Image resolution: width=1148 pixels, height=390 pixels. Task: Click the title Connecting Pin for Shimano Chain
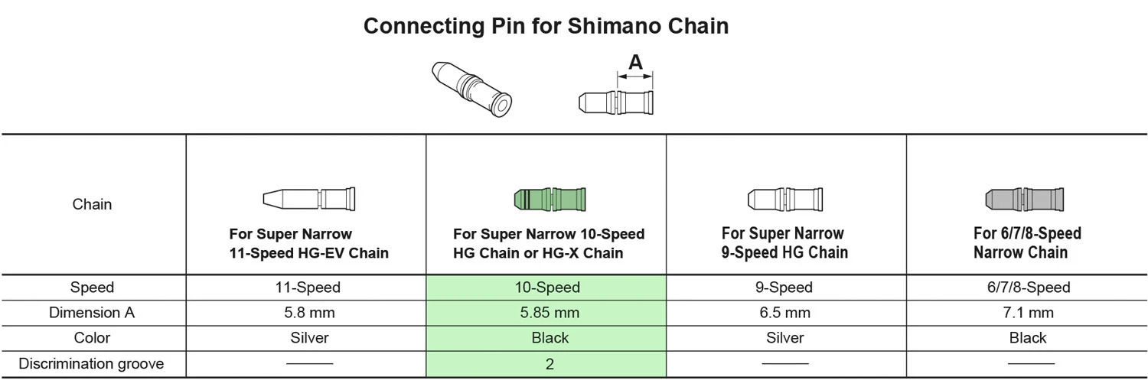pos(546,26)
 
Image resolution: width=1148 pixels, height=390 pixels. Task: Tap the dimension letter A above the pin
pos(635,63)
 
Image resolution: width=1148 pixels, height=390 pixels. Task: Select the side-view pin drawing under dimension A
pos(615,102)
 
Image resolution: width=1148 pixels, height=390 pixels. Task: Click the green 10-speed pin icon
pos(549,200)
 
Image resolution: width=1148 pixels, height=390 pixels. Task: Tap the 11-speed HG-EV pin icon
pos(309,199)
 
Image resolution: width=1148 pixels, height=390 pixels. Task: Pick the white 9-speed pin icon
pos(784,200)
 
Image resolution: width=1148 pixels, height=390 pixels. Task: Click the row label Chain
pos(92,204)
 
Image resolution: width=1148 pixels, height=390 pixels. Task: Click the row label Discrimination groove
pos(92,364)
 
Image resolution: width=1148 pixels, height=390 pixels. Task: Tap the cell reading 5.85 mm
pos(550,313)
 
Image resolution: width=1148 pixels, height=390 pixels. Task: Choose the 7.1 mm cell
pos(1027,313)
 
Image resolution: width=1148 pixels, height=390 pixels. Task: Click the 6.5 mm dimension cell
pos(784,313)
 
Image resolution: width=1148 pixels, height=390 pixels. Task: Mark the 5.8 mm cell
pos(309,313)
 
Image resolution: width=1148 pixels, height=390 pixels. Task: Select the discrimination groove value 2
pos(550,364)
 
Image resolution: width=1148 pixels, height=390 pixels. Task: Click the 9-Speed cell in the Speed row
pos(784,288)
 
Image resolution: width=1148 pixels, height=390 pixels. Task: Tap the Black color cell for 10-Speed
pos(550,338)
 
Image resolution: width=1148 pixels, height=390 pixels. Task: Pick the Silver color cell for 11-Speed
pos(309,338)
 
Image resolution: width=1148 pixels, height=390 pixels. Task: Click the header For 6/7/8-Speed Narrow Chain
pos(1027,242)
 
